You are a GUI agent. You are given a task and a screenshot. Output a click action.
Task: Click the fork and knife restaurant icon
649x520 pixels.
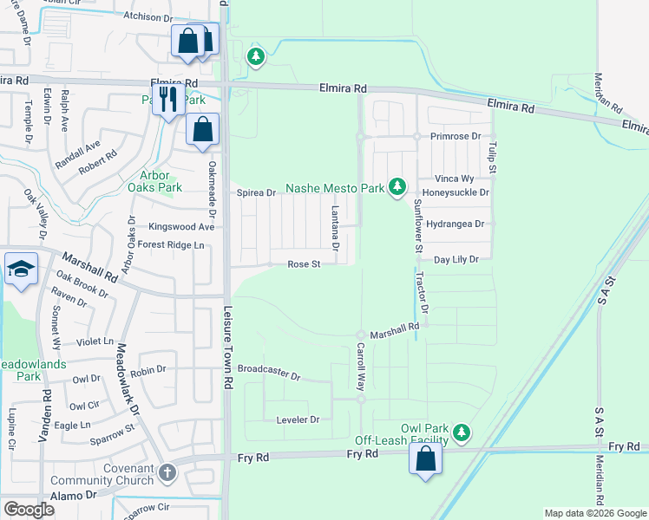click(167, 98)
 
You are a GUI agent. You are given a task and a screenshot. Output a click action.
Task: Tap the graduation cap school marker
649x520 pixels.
click(20, 269)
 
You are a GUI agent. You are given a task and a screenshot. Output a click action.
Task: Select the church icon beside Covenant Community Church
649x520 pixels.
click(167, 473)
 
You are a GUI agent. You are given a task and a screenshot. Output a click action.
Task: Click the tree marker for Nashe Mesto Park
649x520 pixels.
click(397, 186)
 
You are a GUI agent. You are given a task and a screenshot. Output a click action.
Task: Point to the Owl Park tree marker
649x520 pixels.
click(462, 431)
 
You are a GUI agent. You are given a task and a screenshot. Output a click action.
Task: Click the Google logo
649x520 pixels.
click(29, 510)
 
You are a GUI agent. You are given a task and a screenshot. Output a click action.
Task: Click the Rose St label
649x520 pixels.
click(305, 264)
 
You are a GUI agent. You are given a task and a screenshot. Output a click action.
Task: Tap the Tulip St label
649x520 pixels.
click(492, 157)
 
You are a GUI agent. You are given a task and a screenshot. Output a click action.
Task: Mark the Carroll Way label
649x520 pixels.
click(361, 366)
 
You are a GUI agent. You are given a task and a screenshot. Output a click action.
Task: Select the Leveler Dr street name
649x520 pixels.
click(298, 419)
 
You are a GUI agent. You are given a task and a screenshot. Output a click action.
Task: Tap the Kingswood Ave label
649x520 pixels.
click(180, 226)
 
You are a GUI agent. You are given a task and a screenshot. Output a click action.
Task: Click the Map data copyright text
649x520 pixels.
click(594, 513)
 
